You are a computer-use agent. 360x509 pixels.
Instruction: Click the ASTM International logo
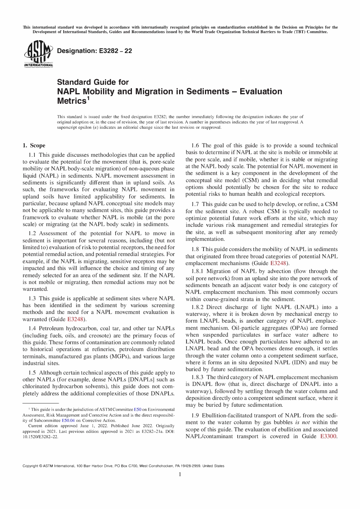(38, 54)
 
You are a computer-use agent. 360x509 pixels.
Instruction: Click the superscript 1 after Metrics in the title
(88, 99)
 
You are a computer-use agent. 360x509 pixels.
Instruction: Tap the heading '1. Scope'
(34, 145)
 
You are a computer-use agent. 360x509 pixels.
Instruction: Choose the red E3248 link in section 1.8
(278, 263)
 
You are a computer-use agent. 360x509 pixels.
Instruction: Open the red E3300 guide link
(328, 436)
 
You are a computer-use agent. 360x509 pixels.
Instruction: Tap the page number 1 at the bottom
(180, 474)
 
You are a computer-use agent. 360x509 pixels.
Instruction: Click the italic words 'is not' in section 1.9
(303, 422)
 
